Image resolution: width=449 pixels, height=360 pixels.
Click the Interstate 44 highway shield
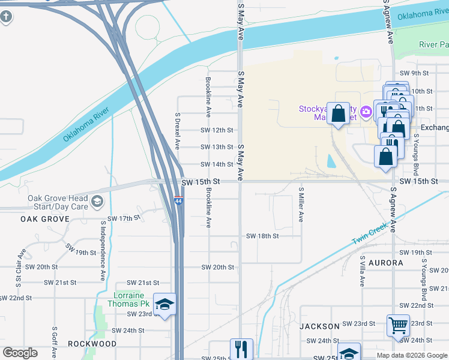coord(178,201)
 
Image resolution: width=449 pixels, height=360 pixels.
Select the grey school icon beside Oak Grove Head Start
coord(97,202)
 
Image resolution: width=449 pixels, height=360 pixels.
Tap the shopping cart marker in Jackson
coord(398,326)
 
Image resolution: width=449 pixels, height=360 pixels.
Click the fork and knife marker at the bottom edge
coord(241,349)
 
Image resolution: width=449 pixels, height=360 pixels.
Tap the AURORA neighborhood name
coord(385,263)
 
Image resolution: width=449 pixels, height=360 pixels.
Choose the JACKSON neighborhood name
coord(319,326)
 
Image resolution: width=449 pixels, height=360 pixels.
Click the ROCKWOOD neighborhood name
coord(92,344)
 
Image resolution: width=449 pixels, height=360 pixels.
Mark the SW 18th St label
coord(262,236)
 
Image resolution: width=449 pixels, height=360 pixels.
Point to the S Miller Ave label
coord(301,204)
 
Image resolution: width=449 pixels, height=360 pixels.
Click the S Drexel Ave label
coord(177,131)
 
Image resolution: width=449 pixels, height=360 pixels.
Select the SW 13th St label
coord(217,147)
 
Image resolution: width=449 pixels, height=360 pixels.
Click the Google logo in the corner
coord(20,353)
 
